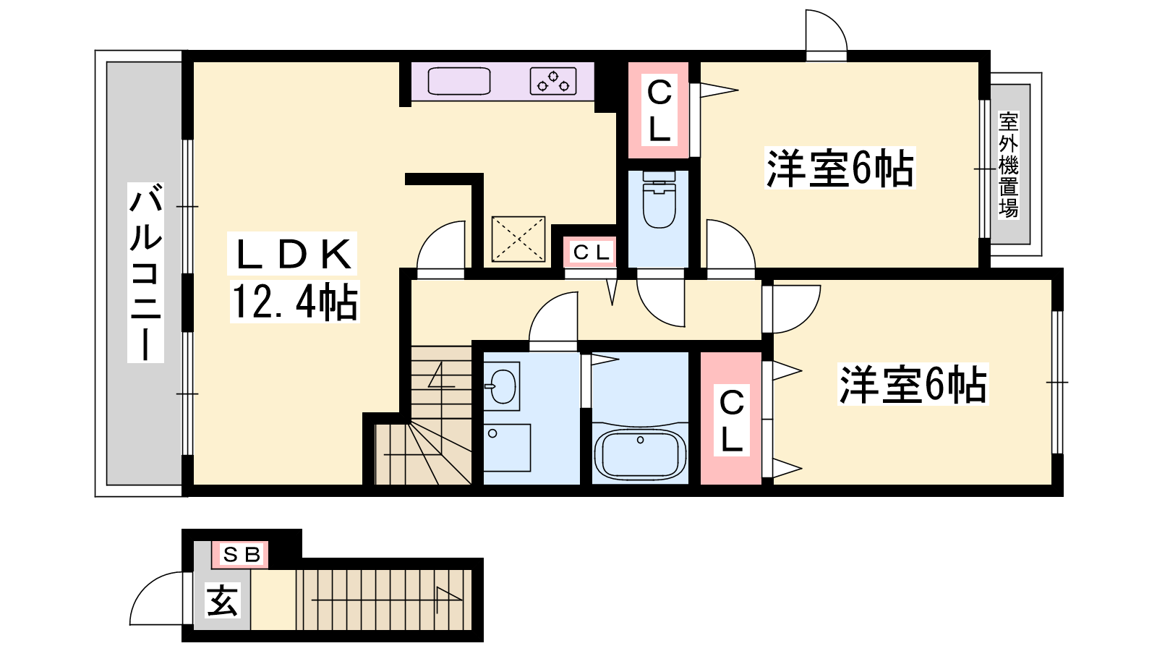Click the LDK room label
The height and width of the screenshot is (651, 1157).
(x=293, y=254)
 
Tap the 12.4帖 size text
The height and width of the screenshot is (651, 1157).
(x=294, y=302)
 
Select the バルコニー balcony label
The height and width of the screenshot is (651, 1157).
(x=145, y=272)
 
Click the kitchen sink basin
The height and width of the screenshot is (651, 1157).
(x=458, y=81)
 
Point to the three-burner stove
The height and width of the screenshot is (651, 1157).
(x=553, y=81)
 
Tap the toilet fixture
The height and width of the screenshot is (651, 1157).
(x=659, y=200)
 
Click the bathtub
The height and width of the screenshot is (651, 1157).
(x=640, y=454)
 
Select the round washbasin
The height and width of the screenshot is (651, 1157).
(x=502, y=386)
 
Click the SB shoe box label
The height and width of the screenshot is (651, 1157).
(x=240, y=554)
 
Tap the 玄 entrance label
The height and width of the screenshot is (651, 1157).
(x=222, y=600)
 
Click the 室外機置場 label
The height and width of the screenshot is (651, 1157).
(x=1008, y=166)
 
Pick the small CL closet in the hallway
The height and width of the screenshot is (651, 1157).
(x=590, y=252)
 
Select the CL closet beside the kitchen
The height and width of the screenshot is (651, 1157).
(x=659, y=111)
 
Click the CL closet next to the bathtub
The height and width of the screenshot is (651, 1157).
(x=731, y=419)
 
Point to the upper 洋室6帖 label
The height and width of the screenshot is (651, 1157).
(x=840, y=168)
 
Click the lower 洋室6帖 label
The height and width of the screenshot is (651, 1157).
(x=913, y=384)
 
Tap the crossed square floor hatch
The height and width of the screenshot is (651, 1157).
(x=518, y=239)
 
